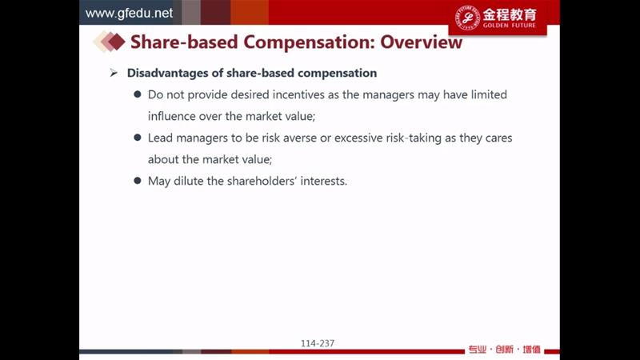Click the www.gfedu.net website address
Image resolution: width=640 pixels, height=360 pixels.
coord(129,13)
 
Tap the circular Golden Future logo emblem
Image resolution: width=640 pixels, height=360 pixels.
coord(467,18)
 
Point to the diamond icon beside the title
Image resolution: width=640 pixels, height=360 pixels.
coord(109,42)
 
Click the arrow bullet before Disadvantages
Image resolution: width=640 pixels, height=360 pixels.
coord(114,73)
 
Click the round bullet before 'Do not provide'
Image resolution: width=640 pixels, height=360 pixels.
coord(138,94)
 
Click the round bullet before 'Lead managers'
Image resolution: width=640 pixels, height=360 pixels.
coord(138,138)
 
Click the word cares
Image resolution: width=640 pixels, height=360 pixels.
coord(498,138)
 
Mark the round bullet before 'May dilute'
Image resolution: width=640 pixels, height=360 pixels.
coord(138,181)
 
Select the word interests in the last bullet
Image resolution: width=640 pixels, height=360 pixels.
coord(324,181)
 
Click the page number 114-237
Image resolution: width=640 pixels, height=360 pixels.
coord(318,344)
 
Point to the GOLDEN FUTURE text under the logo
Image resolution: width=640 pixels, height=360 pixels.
coord(510,26)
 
